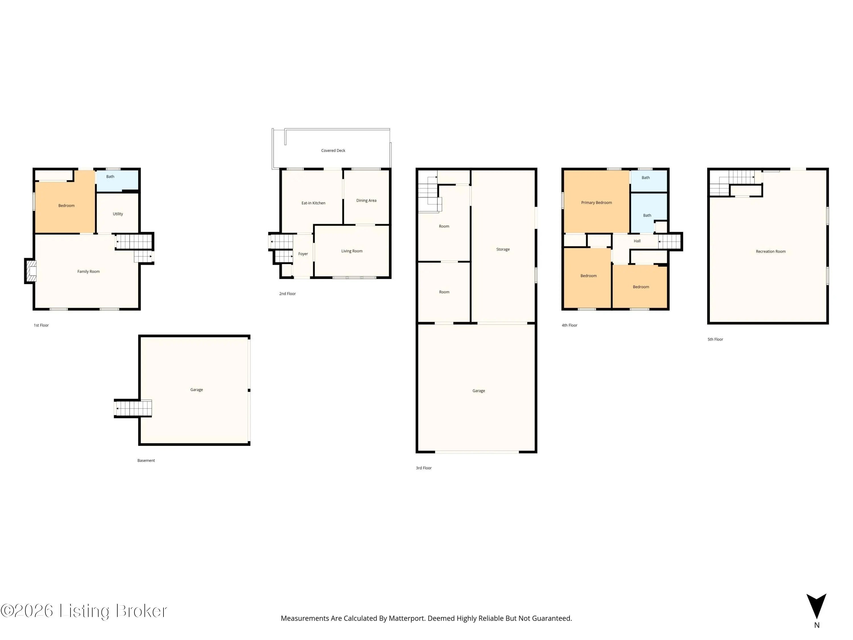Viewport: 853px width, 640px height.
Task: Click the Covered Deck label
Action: [333, 150]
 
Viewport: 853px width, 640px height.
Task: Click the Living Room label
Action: [352, 251]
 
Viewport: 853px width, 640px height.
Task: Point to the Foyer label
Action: [303, 254]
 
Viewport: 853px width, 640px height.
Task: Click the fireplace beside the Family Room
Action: [31, 271]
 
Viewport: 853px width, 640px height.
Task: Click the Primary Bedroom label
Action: [596, 203]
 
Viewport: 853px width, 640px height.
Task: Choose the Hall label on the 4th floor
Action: [637, 241]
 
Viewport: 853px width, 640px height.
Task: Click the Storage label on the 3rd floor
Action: [503, 249]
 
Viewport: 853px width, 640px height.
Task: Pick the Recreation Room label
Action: [771, 251]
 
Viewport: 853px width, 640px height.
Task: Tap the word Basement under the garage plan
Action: [146, 460]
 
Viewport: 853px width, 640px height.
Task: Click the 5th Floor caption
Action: [715, 339]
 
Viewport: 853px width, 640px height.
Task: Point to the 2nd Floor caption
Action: [287, 294]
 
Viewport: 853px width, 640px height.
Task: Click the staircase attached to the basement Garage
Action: [133, 408]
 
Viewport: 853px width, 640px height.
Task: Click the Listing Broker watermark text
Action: [113, 611]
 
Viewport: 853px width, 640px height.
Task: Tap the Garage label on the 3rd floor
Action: [479, 391]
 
